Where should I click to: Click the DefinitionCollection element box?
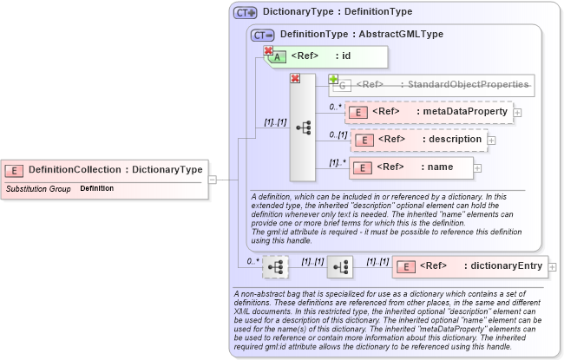click(x=104, y=169)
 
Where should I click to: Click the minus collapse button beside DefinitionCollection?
click(x=212, y=179)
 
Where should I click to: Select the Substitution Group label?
click(x=38, y=188)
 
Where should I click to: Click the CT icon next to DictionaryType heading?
click(x=246, y=13)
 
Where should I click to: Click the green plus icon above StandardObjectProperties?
click(x=333, y=79)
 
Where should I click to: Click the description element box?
click(x=417, y=139)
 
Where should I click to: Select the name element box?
click(x=412, y=167)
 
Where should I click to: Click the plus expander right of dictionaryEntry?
click(x=553, y=266)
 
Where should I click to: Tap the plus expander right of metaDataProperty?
click(x=517, y=112)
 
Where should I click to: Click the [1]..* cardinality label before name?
click(x=337, y=162)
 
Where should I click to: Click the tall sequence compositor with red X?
click(x=303, y=127)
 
